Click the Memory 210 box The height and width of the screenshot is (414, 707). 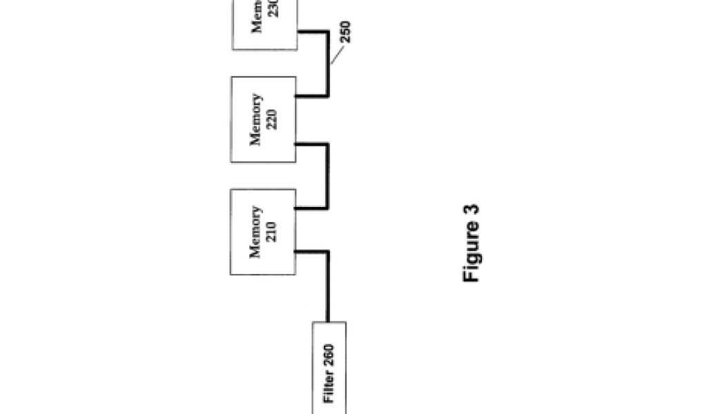tap(263, 231)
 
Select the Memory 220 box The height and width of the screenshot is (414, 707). tap(263, 119)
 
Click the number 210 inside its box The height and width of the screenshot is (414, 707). tap(271, 232)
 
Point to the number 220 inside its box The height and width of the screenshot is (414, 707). tap(271, 119)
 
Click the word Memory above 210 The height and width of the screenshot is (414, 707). tap(255, 232)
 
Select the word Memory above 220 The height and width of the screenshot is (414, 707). tap(255, 119)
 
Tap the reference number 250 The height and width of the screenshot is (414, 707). tap(346, 32)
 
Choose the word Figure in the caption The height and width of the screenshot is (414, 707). tap(472, 258)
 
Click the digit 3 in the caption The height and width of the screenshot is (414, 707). tap(472, 211)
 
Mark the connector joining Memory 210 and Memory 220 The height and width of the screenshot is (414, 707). tap(327, 176)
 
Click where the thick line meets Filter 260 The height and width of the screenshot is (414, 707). tap(327, 321)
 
